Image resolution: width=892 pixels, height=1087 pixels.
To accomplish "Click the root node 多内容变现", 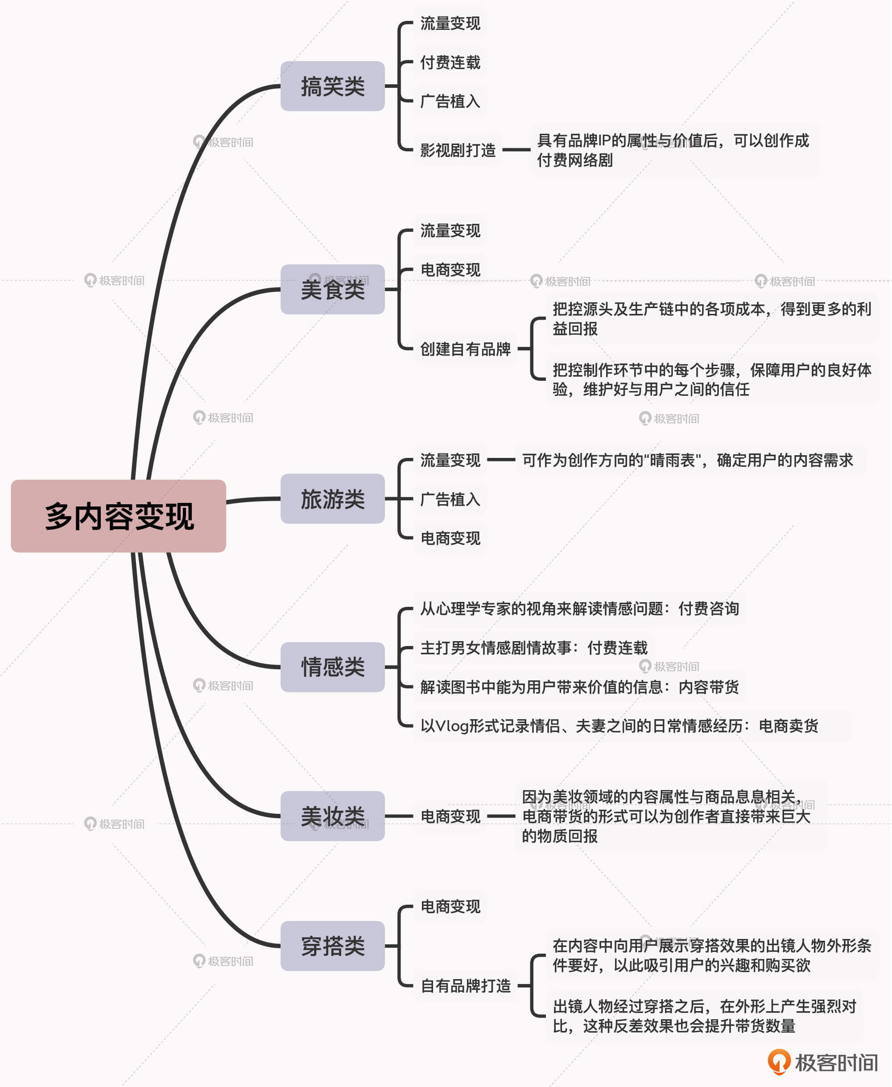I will [x=118, y=516].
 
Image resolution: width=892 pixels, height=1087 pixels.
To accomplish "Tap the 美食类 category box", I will [x=332, y=289].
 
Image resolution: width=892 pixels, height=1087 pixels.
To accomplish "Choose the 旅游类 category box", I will [x=332, y=498].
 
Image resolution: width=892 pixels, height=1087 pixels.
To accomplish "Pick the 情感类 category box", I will [x=332, y=667].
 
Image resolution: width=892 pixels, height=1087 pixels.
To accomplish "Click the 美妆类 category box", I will [x=332, y=816].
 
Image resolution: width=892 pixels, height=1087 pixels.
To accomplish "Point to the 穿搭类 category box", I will [x=332, y=946].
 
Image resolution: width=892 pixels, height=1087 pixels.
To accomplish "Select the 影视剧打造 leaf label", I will [x=457, y=150].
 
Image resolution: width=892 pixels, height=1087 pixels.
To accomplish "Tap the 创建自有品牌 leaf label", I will [x=465, y=349].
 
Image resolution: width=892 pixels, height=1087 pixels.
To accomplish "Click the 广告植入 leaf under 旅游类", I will [x=450, y=499].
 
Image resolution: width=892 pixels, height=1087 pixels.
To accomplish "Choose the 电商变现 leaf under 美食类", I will [x=450, y=270].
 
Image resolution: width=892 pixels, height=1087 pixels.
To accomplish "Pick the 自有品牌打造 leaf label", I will [x=465, y=985].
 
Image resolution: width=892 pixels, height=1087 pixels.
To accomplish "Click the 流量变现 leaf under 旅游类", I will [x=450, y=460].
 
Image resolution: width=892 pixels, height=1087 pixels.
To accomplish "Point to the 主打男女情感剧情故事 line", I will [x=533, y=648].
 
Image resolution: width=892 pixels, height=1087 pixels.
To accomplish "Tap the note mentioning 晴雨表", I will [x=687, y=460].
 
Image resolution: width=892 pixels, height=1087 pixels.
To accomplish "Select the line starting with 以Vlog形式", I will [x=619, y=726].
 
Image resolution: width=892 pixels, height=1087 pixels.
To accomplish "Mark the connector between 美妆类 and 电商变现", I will [x=399, y=816].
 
